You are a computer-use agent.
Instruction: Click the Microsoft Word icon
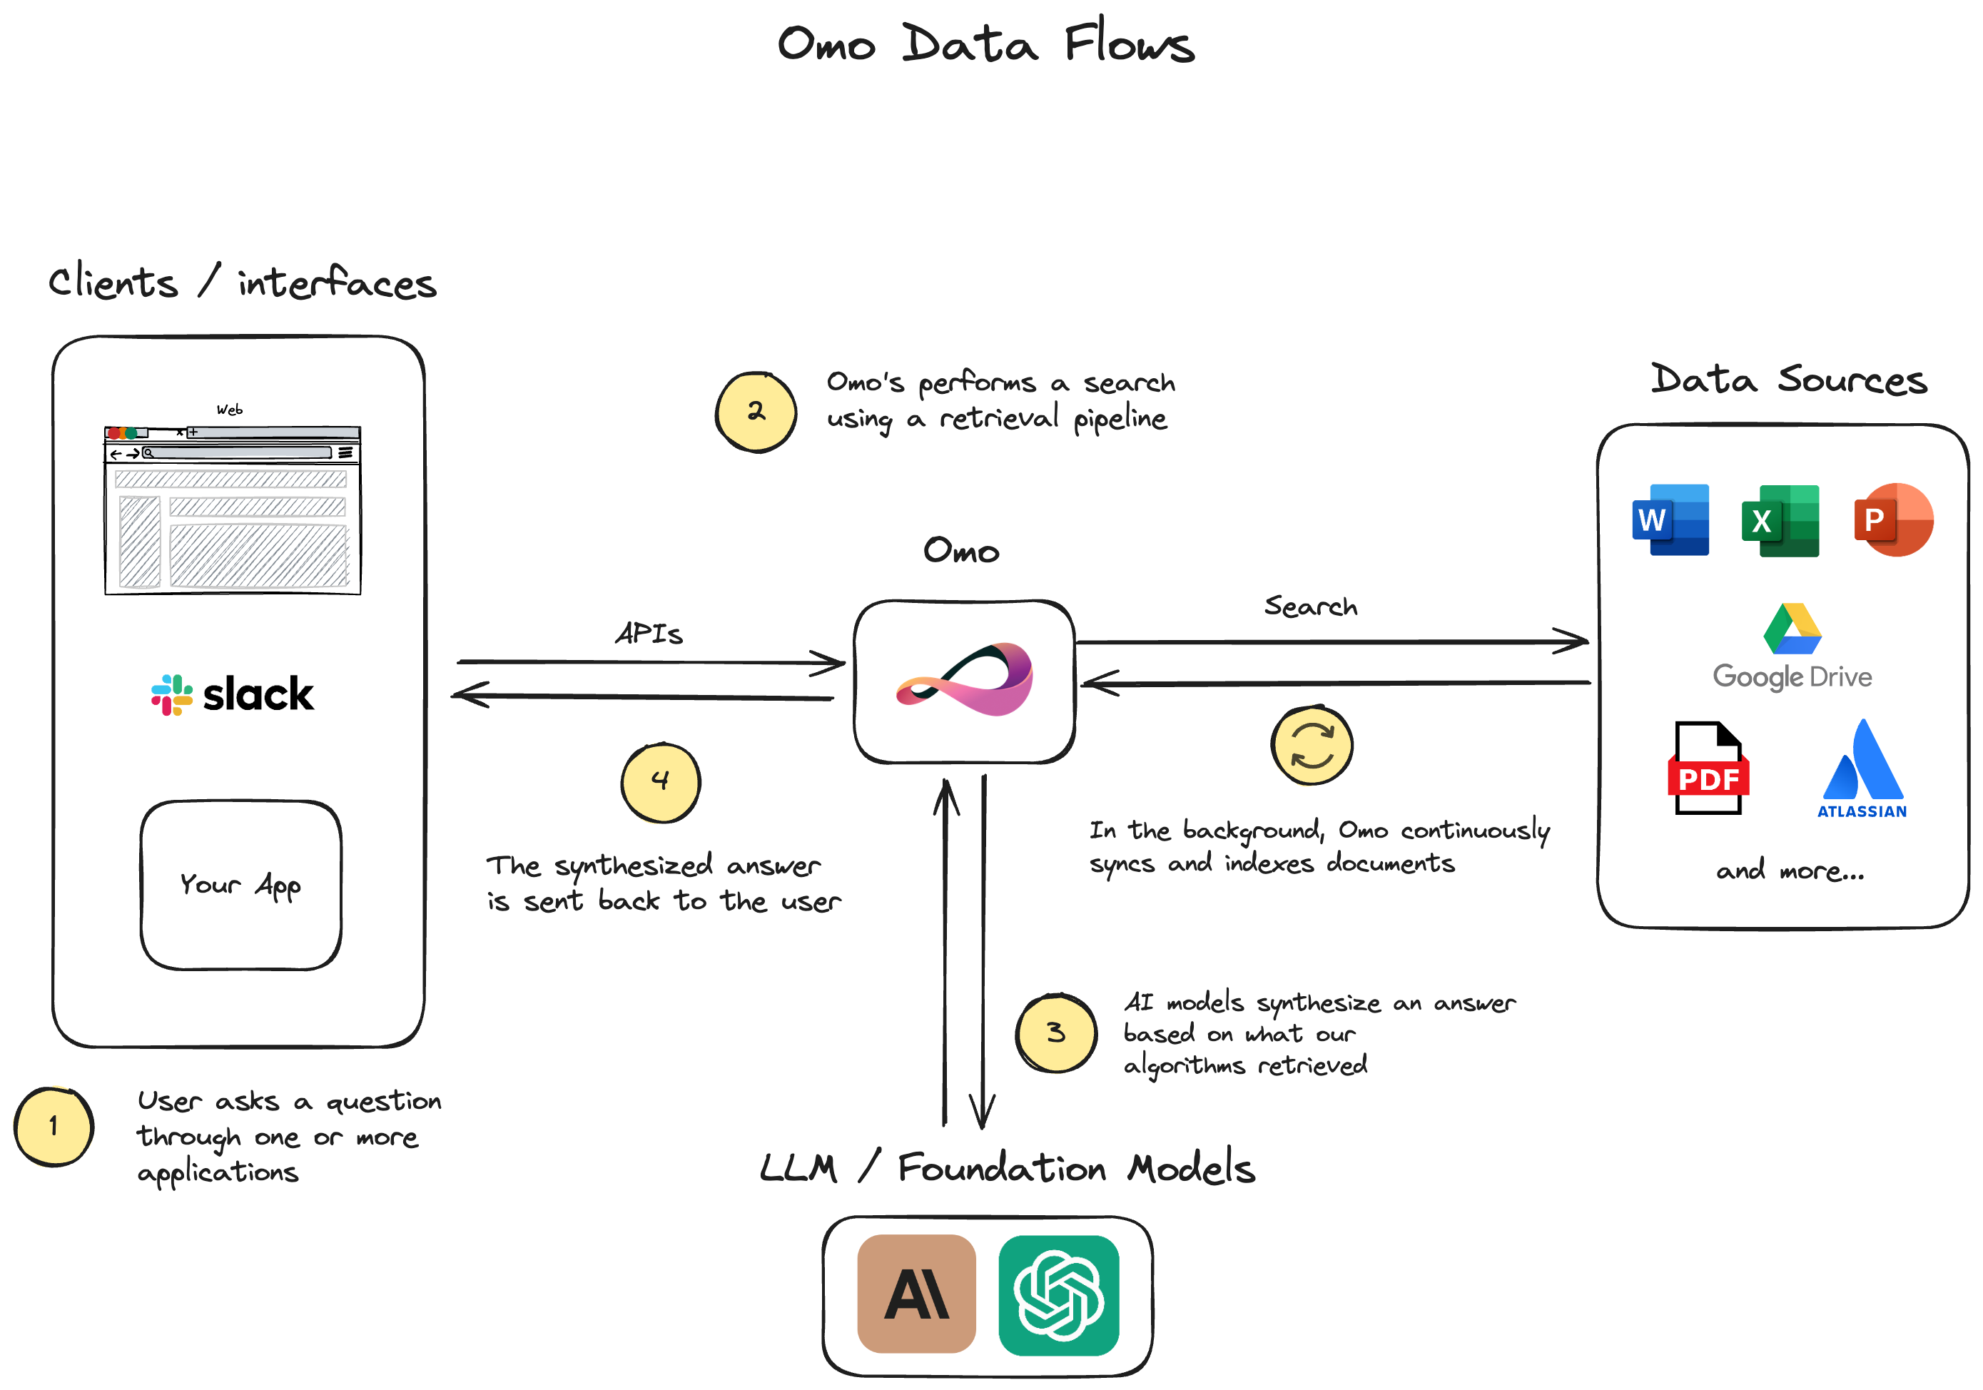coord(1670,519)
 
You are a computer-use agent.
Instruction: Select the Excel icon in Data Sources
coord(1780,520)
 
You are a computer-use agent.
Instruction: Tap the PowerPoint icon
coord(1892,519)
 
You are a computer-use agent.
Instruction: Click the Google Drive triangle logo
coord(1792,629)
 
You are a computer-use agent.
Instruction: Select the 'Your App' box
coord(241,885)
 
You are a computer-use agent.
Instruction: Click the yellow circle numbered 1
coord(54,1126)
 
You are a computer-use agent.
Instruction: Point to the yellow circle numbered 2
coord(756,412)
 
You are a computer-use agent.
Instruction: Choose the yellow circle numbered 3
coord(1055,1033)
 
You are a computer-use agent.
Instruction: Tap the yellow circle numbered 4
coord(661,782)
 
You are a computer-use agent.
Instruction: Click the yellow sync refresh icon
coord(1311,745)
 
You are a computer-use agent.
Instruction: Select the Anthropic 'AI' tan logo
coord(916,1293)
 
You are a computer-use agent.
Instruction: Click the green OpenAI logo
coord(1059,1294)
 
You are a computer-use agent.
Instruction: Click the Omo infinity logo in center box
coord(965,679)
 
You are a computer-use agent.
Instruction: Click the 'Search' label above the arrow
coord(1310,606)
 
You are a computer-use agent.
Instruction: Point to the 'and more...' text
coord(1790,871)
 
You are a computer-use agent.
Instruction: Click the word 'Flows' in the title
coord(1128,44)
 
